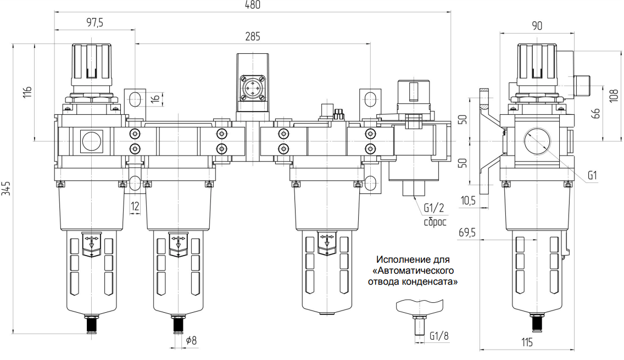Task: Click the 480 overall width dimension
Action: pos(253,5)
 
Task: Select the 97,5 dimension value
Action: pos(94,23)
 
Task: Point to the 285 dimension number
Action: pos(253,37)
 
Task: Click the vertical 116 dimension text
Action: pos(27,92)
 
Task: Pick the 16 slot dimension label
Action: pos(155,98)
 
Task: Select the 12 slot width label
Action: pos(135,206)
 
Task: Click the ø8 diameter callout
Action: pos(191,340)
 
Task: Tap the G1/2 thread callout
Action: pos(434,208)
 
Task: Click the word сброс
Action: pos(435,222)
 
